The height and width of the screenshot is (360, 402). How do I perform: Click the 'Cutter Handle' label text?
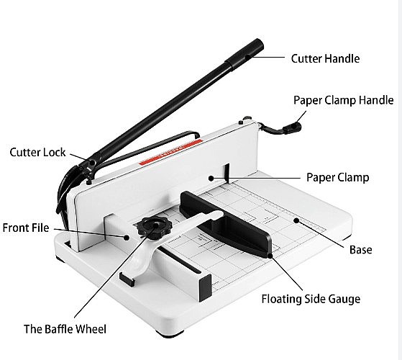[325, 58]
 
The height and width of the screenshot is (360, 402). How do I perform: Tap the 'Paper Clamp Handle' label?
[343, 100]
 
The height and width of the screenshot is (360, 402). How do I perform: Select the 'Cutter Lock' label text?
[37, 153]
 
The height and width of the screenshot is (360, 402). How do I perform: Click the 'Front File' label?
[26, 228]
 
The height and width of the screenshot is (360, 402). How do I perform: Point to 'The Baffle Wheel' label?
[65, 329]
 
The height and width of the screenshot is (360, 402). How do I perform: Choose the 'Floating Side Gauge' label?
[311, 299]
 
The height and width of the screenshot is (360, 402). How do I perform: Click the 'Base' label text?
[361, 250]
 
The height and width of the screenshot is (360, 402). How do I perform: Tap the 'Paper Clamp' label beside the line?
[338, 177]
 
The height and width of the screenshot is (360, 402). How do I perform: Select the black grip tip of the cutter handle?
[245, 53]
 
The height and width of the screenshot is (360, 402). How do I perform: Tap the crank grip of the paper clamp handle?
[292, 127]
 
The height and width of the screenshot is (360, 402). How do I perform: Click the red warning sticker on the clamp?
[170, 153]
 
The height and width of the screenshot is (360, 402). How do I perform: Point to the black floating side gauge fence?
[226, 223]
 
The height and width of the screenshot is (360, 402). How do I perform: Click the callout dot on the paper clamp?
[211, 178]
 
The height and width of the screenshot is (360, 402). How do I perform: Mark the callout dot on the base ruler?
[296, 220]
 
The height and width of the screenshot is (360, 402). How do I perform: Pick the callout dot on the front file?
[127, 238]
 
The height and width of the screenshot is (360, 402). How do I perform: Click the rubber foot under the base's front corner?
[170, 333]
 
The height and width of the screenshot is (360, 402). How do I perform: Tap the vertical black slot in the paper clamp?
[227, 174]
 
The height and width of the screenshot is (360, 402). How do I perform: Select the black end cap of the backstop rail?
[205, 288]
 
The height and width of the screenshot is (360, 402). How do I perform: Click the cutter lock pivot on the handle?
[91, 163]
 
